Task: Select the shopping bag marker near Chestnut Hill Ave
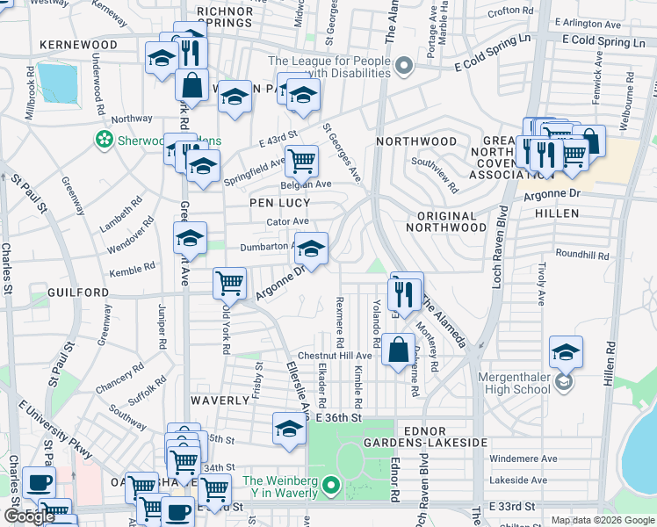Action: coord(399,349)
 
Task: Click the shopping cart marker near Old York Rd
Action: coord(229,283)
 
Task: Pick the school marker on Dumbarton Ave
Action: coord(311,249)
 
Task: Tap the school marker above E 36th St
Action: coord(289,429)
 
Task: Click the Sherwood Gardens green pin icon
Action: coord(105,139)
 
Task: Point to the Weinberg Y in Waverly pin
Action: coord(331,484)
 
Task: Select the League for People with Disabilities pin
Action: coord(404,65)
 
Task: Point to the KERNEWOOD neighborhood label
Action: coord(78,45)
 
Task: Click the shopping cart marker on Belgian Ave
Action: coord(301,161)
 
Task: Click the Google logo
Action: coord(29,516)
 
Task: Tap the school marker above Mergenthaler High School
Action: coord(567,352)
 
